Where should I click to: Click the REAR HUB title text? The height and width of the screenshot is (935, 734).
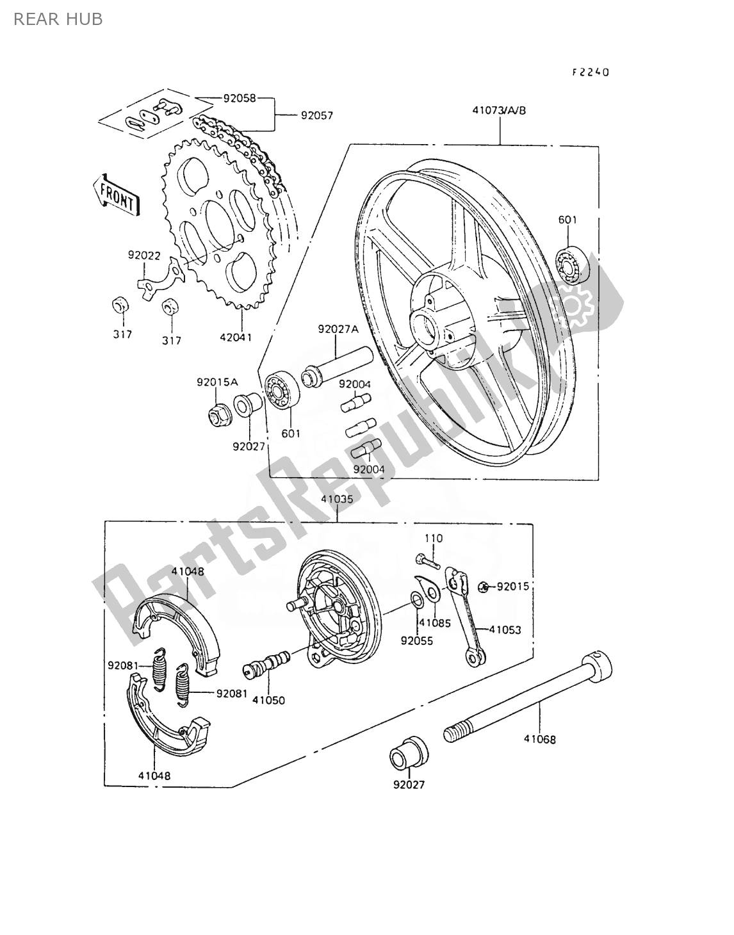pos(58,19)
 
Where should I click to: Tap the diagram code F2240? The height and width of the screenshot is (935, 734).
pos(591,72)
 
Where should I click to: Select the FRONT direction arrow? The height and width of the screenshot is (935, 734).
pos(116,195)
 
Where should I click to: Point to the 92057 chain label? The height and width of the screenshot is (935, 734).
pos(316,115)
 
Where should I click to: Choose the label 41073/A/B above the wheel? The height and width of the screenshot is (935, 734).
pos(499,111)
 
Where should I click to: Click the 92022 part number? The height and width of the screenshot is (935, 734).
pos(143,256)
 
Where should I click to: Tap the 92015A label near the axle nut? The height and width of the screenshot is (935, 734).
pos(217,382)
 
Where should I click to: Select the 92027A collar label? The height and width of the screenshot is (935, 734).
pos(338,329)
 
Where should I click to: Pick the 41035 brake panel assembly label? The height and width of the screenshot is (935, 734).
pos(338,499)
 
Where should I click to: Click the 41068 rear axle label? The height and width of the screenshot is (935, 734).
pos(540,740)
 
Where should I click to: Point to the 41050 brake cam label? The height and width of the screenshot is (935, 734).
pos(268,701)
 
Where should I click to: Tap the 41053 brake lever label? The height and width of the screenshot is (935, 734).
pos(505,630)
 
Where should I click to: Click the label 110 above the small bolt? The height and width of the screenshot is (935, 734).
pos(434,539)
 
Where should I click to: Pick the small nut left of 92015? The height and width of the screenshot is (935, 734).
pos(483,587)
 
